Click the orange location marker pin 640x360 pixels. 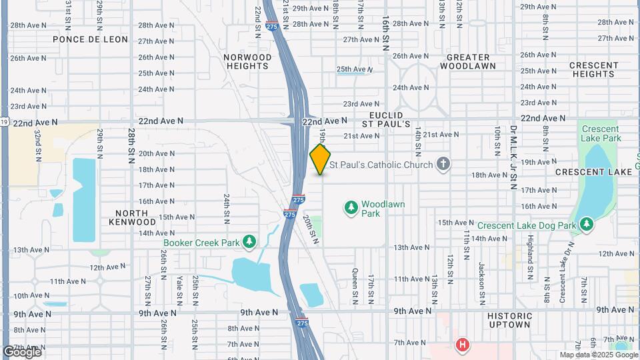pos(320,159)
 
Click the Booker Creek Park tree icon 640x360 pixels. pos(249,241)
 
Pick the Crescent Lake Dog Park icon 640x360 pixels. pos(586,225)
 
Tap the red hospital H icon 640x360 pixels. pos(461,345)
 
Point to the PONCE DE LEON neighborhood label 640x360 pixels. pos(90,39)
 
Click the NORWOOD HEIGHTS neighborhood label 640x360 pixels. pos(248,61)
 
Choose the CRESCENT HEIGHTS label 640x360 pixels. pos(593,69)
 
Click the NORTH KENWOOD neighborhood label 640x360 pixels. pos(131,216)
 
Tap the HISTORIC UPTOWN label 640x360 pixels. pos(509,320)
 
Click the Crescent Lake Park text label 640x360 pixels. pos(601,133)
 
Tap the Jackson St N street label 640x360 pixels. pos(481,280)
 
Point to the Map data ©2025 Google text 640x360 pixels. pos(597,355)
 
